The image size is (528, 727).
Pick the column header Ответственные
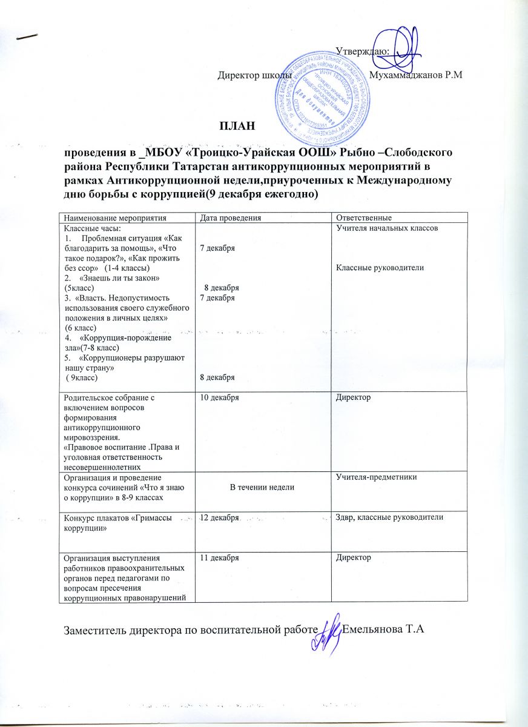(364, 217)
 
